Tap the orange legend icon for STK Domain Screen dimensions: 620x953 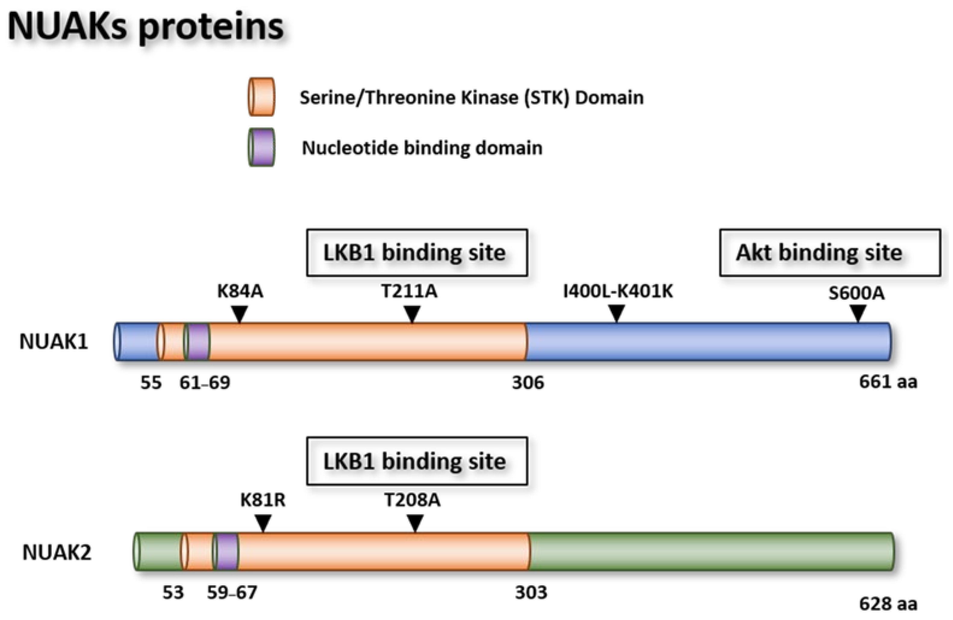pyautogui.click(x=261, y=97)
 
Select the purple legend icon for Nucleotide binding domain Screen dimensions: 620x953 pyautogui.click(x=261, y=147)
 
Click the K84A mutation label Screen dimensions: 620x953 pyautogui.click(x=240, y=292)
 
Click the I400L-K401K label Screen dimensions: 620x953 pyautogui.click(x=618, y=292)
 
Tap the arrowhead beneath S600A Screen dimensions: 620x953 pyautogui.click(x=858, y=313)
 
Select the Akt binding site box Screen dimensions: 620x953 pyautogui.click(x=830, y=253)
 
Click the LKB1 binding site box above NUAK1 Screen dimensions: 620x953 pyautogui.click(x=417, y=253)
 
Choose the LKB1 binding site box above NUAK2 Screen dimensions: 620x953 pyautogui.click(x=417, y=461)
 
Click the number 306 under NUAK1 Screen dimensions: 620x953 pyautogui.click(x=528, y=383)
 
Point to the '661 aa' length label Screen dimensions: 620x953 pyautogui.click(x=888, y=382)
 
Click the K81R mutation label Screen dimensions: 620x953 pyautogui.click(x=263, y=500)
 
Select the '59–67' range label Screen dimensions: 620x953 pyautogui.click(x=232, y=592)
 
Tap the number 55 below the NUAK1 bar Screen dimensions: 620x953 pyautogui.click(x=151, y=383)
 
